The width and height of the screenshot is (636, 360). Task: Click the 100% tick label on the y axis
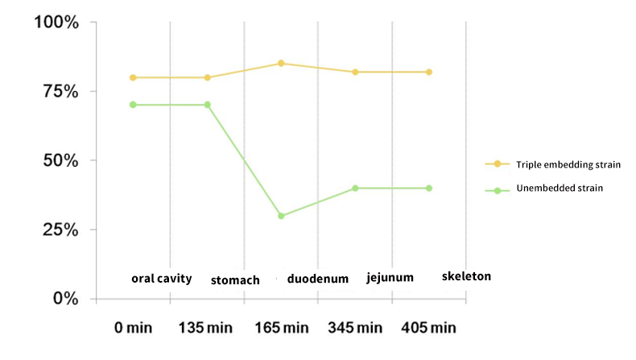coord(56,22)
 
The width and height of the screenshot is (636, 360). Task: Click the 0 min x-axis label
coord(133,329)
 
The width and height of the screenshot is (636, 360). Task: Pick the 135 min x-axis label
coord(206,329)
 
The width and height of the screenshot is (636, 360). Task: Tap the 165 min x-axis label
coord(280,329)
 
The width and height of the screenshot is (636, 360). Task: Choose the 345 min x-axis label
coord(355,329)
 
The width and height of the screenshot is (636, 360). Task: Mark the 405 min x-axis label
coord(429,329)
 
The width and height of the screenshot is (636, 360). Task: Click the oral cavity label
coord(162,279)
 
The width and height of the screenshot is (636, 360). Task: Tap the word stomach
coord(235,280)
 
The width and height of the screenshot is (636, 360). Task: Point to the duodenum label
coord(317,279)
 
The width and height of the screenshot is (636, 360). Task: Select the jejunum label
coord(390,278)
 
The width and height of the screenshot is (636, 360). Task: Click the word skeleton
coord(466,276)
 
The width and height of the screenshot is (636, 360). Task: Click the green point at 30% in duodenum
coord(281,216)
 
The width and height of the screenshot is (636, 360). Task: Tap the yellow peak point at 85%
coord(281,63)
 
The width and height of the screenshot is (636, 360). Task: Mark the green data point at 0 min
coord(133,105)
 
